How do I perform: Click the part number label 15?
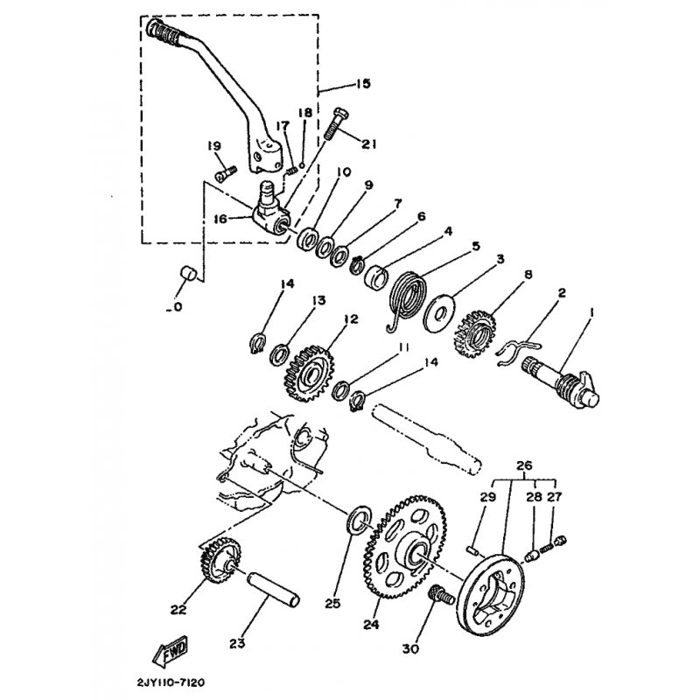pos(363,84)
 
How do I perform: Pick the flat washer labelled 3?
pos(440,311)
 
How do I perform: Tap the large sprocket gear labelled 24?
pos(409,548)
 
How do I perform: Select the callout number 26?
pos(524,465)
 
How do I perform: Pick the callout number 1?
pos(591,313)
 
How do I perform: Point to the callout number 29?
pos(488,498)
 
